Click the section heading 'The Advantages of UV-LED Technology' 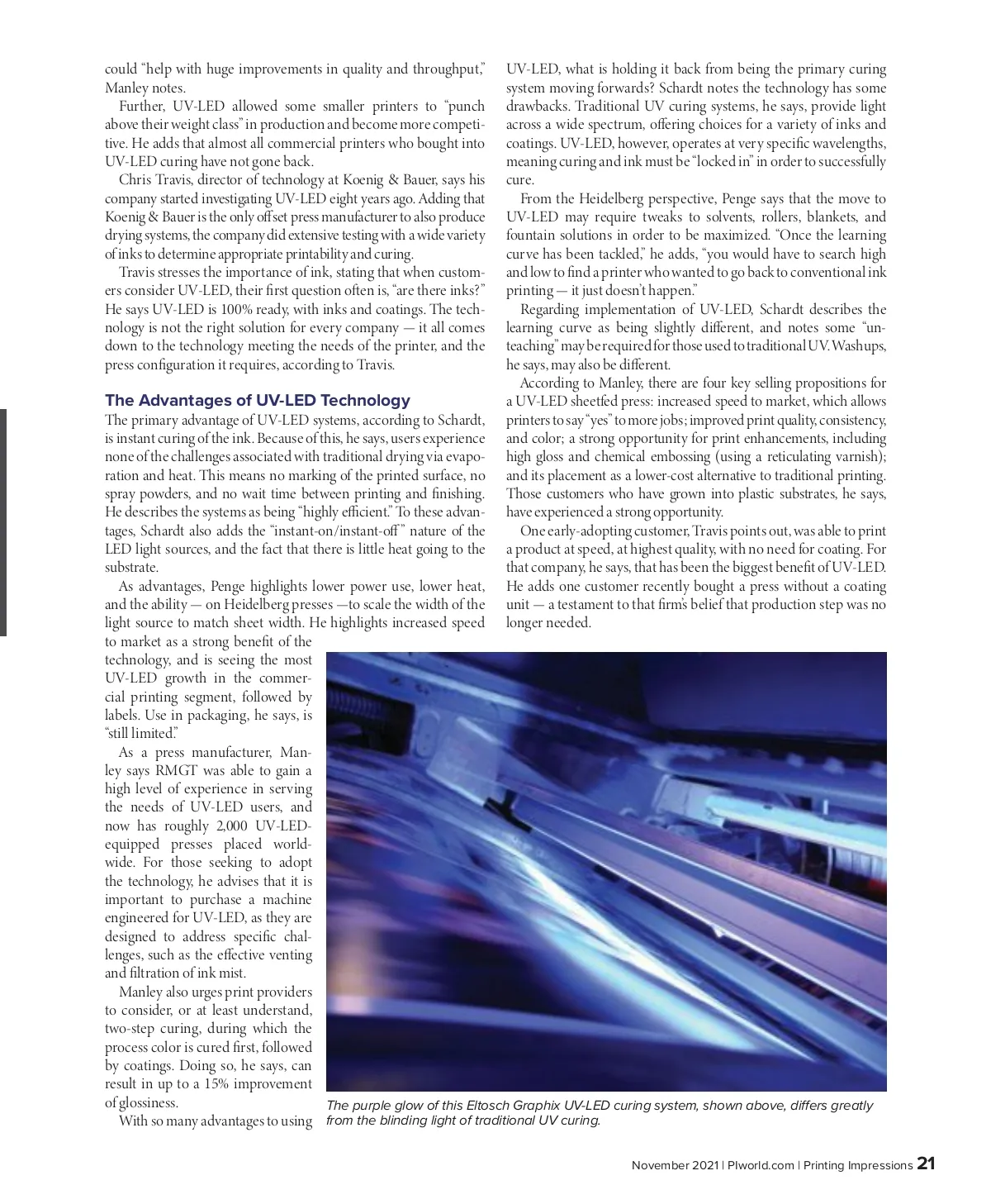(257, 401)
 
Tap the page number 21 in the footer (926, 1164)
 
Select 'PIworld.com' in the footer (761, 1165)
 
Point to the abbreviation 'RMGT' (178, 770)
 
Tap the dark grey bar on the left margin (3, 521)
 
